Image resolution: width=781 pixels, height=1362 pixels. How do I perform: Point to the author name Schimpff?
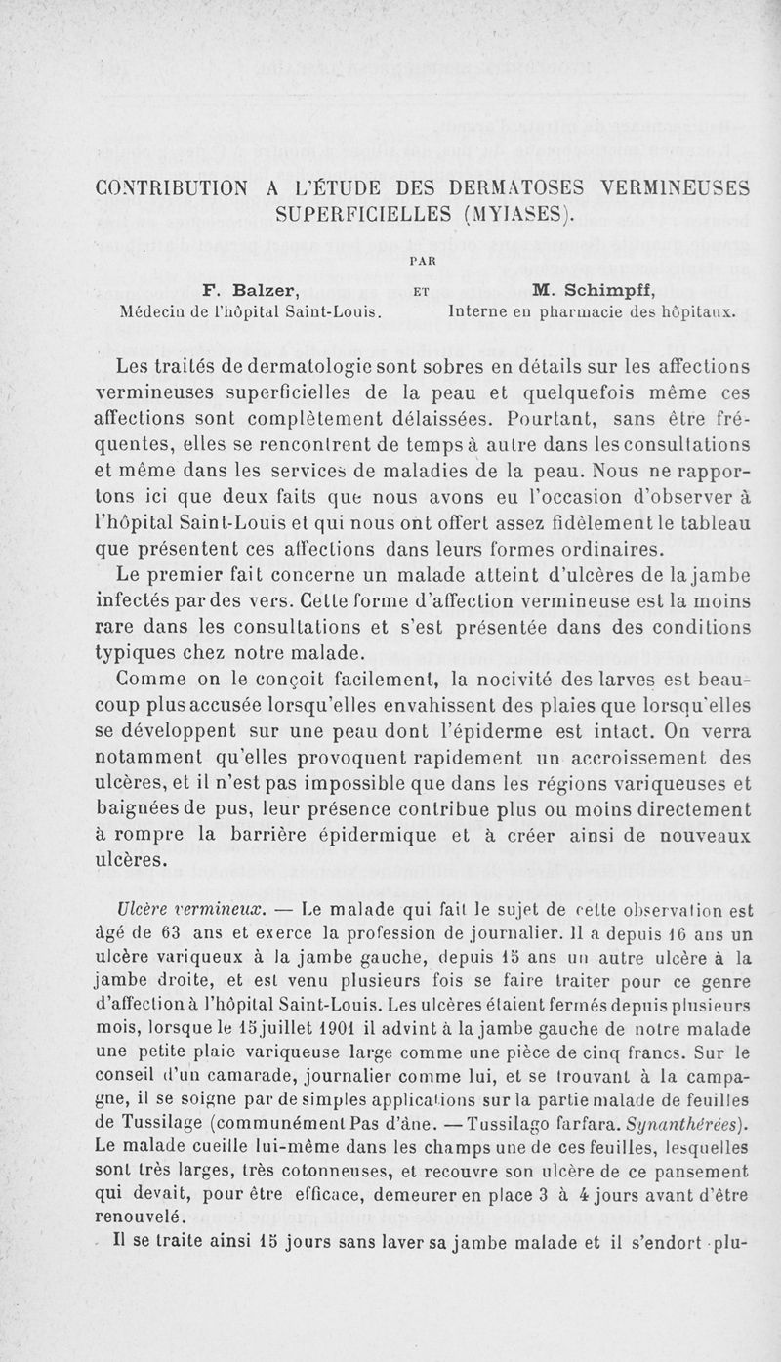coord(606,290)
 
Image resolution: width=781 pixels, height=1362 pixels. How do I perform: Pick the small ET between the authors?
coord(423,291)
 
